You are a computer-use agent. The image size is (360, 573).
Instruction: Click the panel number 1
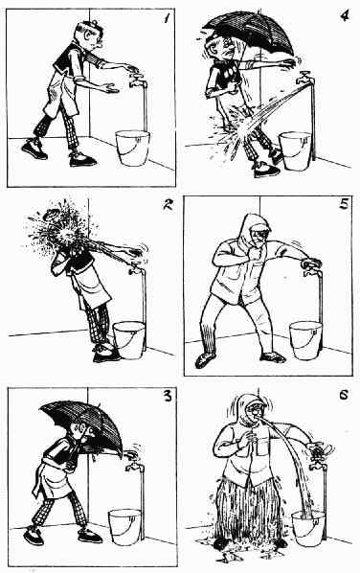167,18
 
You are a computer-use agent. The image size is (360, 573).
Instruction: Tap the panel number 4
344,15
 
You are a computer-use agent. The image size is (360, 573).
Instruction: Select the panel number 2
168,205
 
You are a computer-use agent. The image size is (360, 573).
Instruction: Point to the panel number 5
344,203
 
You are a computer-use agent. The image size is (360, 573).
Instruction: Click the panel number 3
167,396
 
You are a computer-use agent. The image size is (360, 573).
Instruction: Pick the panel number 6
343,396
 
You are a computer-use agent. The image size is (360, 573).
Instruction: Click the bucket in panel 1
132,148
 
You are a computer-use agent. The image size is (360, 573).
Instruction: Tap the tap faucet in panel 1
138,80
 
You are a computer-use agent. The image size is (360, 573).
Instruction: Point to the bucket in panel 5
306,340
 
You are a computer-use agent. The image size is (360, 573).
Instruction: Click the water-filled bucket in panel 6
308,528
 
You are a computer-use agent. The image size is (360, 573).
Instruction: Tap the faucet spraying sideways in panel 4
304,79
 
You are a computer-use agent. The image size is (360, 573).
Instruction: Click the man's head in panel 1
88,34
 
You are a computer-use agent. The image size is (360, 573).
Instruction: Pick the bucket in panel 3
124,527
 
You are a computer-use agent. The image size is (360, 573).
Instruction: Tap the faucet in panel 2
136,268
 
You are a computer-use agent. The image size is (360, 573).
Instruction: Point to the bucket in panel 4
295,151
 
